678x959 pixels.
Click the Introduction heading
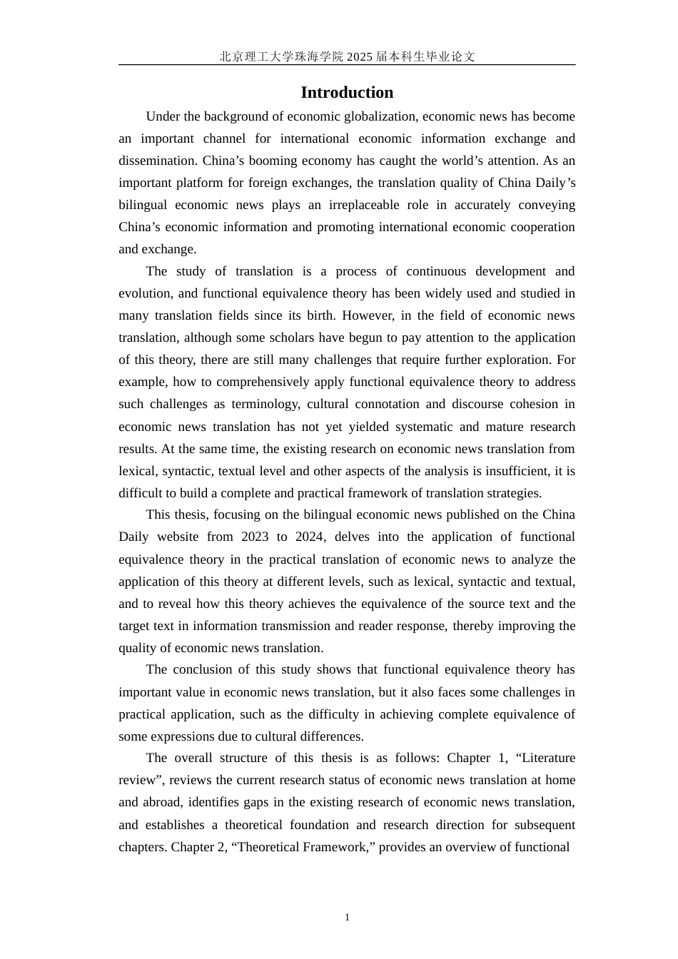pyautogui.click(x=347, y=93)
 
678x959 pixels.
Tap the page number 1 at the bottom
pyautogui.click(x=347, y=918)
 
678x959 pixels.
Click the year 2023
pyautogui.click(x=255, y=537)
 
